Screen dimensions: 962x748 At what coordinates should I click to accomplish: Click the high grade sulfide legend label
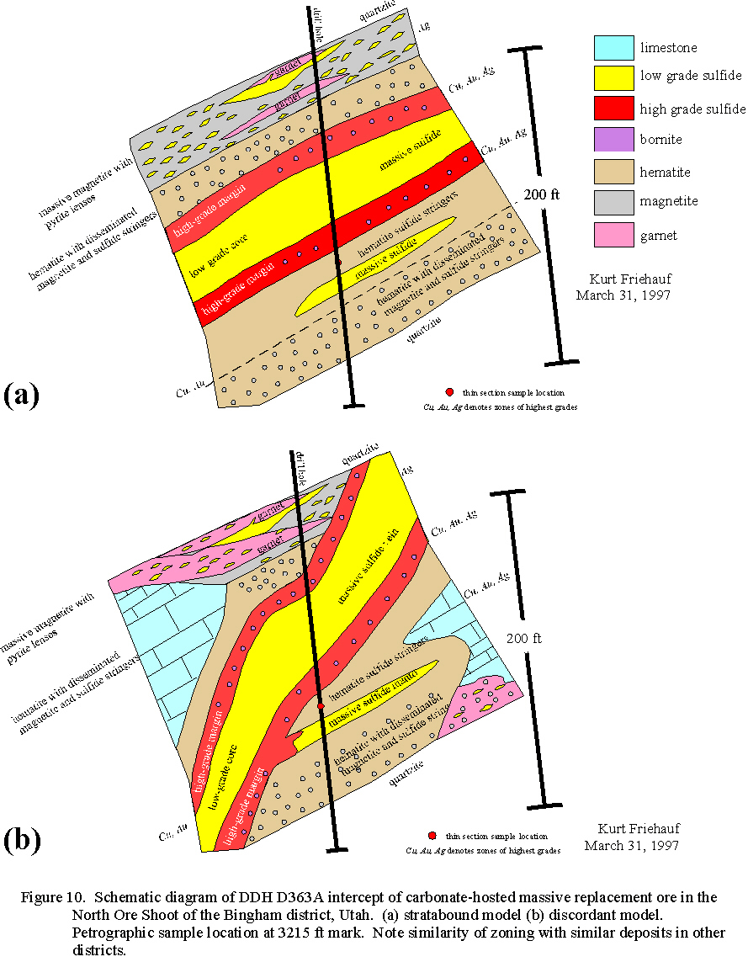point(692,109)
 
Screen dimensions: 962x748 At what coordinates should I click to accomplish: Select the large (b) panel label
point(23,841)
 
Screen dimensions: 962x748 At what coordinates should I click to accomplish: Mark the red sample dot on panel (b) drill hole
point(321,704)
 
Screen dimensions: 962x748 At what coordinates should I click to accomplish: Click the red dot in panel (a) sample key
point(449,392)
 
